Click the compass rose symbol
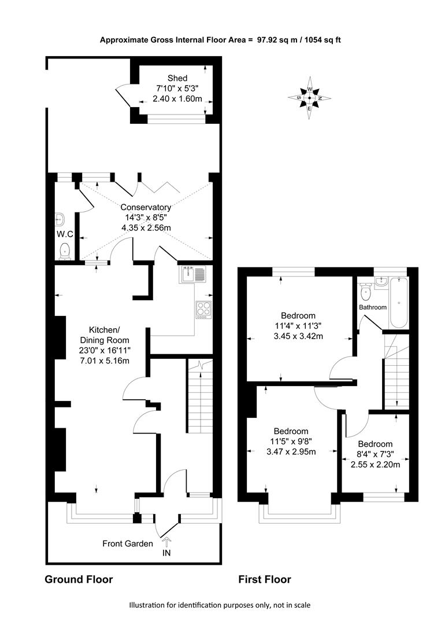[310, 98]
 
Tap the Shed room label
[177, 78]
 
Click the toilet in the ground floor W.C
[65, 251]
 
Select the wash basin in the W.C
[60, 219]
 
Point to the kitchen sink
[193, 274]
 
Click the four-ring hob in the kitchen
[203, 310]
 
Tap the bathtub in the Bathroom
[398, 303]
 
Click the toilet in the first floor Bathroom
[365, 292]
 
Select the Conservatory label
[146, 207]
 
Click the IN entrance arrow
[167, 541]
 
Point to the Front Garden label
[127, 543]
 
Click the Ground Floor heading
[79, 579]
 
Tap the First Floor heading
[265, 579]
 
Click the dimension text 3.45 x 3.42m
[298, 336]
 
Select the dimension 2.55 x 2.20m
[375, 464]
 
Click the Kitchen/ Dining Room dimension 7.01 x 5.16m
[104, 361]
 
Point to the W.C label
[65, 234]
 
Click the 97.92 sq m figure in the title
[276, 40]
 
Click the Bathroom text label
[373, 307]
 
